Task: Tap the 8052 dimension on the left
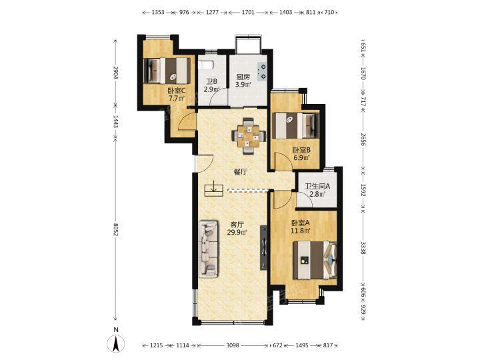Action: [116, 230]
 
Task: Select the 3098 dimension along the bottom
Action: [233, 345]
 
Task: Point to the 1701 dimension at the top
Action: [248, 13]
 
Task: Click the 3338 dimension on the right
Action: [363, 248]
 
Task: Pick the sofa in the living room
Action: [209, 249]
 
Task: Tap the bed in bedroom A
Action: [315, 260]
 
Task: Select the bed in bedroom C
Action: [167, 70]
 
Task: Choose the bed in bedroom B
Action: [296, 125]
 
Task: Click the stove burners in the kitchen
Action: [263, 71]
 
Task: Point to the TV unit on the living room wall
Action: [263, 247]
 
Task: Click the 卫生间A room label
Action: [317, 186]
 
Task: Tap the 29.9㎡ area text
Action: [237, 232]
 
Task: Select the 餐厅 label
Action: [241, 173]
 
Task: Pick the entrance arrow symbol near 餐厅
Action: [214, 189]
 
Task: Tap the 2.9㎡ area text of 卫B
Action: [212, 90]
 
